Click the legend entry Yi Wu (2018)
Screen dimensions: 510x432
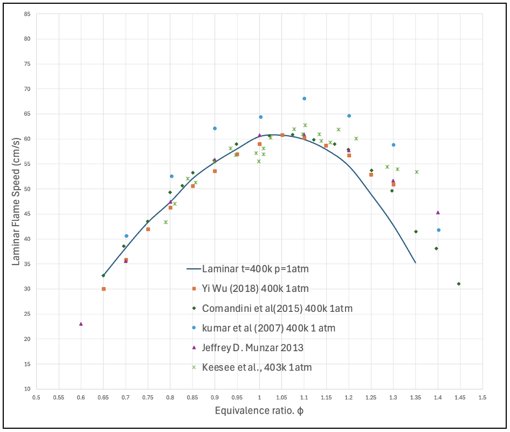256,288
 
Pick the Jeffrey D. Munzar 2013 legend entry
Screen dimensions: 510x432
253,347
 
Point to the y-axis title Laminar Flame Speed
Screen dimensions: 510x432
16,201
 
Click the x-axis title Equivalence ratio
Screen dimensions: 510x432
259,410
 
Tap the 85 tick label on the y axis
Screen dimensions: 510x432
27,14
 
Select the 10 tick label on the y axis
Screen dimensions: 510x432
27,389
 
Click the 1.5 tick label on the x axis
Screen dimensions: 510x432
483,397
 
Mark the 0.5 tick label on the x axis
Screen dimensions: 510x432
37,397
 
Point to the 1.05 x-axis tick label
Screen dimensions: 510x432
281,397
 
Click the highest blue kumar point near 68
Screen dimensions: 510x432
304,99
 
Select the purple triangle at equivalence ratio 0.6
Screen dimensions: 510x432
81,324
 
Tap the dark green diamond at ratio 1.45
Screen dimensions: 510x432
459,284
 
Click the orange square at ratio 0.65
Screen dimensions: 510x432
104,289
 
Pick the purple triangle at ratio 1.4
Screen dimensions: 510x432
438,212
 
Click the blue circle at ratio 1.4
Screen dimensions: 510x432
438,230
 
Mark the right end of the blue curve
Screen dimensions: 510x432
415,263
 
